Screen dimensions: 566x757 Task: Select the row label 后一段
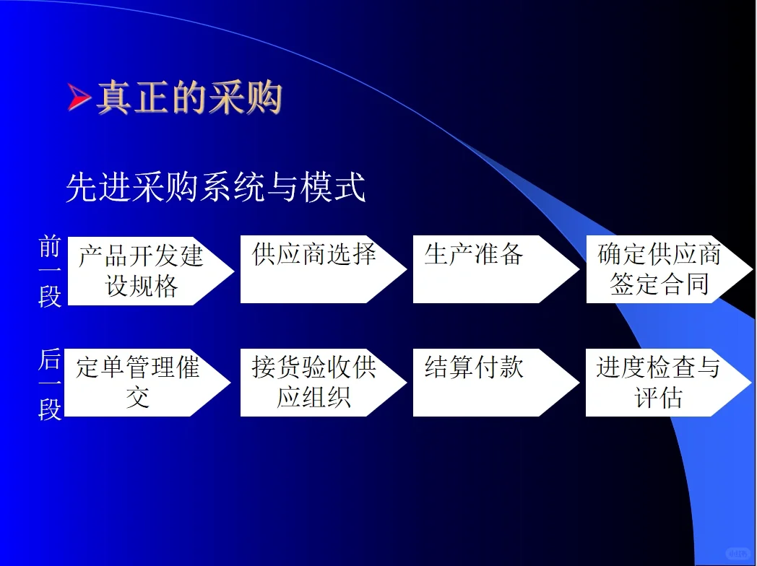pyautogui.click(x=50, y=386)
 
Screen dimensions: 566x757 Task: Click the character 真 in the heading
pyautogui.click(x=113, y=97)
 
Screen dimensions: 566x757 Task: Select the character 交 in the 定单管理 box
pyautogui.click(x=137, y=397)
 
